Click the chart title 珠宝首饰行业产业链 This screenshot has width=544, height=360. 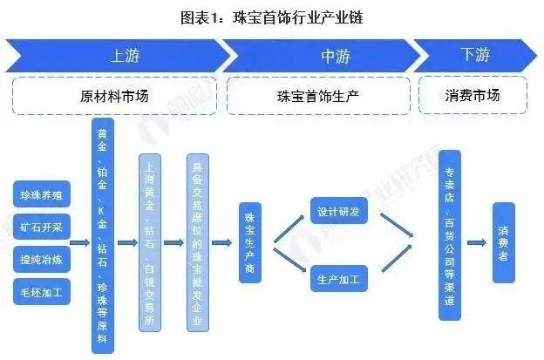click(x=272, y=17)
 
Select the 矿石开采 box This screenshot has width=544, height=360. click(x=43, y=228)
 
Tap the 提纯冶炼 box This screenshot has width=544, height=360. click(x=43, y=259)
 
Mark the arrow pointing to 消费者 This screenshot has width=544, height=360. click(x=477, y=243)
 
